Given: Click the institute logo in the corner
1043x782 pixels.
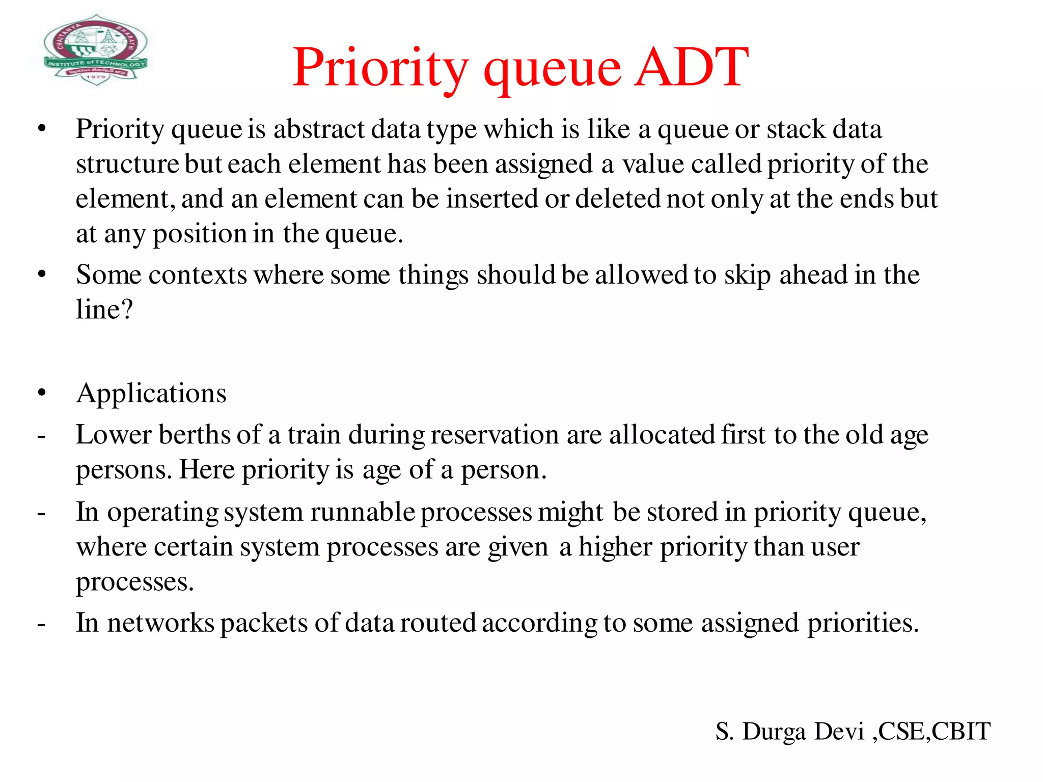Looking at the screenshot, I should [x=96, y=50].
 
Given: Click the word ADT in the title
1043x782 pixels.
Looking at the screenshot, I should [x=692, y=67].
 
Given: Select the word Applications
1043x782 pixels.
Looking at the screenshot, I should [x=151, y=394].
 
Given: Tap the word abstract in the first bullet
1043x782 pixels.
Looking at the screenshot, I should [x=319, y=129].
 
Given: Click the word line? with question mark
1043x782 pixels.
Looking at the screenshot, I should [x=104, y=310].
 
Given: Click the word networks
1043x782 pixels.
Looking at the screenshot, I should [x=160, y=623].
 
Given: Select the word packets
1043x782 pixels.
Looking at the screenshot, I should [x=264, y=623].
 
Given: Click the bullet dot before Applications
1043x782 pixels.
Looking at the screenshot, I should [x=42, y=393].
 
